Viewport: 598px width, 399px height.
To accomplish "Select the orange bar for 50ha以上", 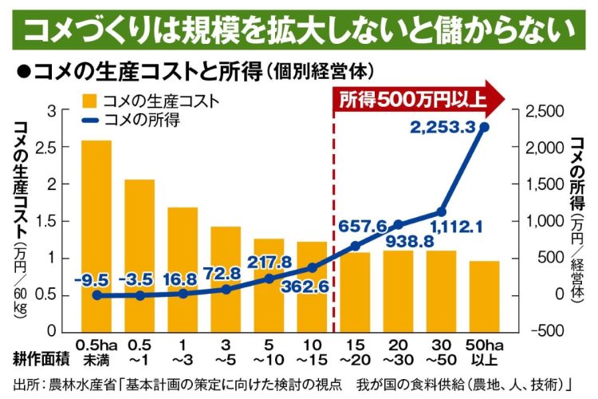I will click(484, 295).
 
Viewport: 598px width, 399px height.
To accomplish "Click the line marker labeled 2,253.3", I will click(484, 127).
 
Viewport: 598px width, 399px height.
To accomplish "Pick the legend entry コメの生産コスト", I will click(151, 101).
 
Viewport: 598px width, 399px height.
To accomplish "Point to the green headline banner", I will click(299, 30).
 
